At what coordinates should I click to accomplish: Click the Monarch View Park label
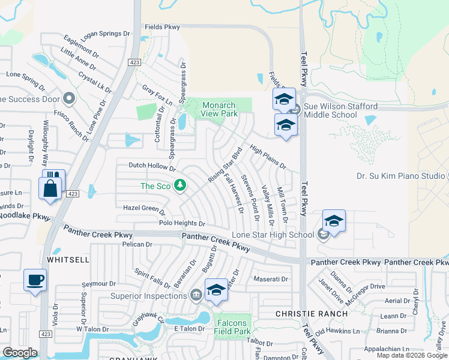click(220, 109)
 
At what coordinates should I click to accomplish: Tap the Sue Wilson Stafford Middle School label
click(340, 111)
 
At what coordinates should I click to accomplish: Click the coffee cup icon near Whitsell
click(35, 280)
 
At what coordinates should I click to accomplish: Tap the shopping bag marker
click(50, 188)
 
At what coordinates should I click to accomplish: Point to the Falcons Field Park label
click(234, 327)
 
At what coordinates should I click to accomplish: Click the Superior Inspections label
click(149, 295)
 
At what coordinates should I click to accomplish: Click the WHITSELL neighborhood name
click(68, 260)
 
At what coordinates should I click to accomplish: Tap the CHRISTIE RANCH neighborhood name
click(311, 314)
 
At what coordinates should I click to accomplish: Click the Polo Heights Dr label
click(182, 223)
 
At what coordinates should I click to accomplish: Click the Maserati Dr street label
click(271, 279)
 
